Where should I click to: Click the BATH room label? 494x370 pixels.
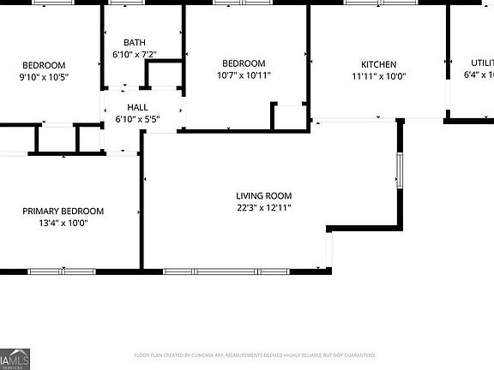click(135, 43)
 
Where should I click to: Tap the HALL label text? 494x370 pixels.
click(137, 107)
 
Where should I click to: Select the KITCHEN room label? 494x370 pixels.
click(378, 64)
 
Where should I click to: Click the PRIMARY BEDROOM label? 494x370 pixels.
click(63, 212)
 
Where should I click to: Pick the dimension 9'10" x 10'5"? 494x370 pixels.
click(44, 77)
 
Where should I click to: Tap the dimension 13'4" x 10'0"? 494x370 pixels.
click(63, 223)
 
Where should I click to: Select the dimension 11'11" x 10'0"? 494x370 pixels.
click(378, 76)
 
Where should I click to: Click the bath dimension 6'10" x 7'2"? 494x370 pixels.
click(135, 55)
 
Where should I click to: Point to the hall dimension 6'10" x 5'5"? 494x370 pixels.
click(137, 118)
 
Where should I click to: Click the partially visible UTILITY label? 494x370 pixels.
click(481, 63)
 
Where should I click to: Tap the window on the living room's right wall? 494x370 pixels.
click(398, 170)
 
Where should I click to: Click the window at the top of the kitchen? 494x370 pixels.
click(378, 3)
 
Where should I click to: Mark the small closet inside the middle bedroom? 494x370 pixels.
click(290, 116)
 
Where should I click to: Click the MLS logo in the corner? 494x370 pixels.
click(13, 361)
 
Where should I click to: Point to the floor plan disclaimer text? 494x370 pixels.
click(255, 355)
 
